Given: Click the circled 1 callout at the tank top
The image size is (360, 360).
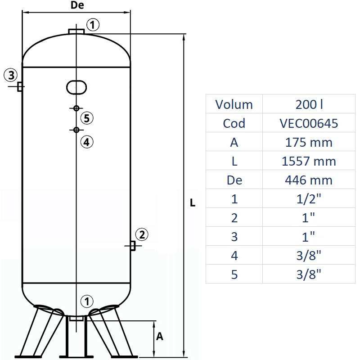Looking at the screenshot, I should [x=92, y=25].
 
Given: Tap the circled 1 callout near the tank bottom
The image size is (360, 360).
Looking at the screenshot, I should [x=87, y=301].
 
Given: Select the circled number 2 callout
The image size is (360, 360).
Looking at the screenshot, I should [x=141, y=234].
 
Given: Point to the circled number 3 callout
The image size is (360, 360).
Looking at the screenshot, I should [x=11, y=75].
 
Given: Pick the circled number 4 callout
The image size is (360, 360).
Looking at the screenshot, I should [x=87, y=142].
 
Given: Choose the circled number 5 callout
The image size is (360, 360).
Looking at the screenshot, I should [x=87, y=118].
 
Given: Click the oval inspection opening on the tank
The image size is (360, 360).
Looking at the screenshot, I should [x=76, y=87].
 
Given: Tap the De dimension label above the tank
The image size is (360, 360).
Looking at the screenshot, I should [x=77, y=5].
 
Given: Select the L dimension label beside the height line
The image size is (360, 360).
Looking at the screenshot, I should [x=192, y=203].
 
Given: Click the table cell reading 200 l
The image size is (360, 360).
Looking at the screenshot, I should [x=309, y=104].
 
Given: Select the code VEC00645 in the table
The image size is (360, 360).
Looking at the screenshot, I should [x=309, y=123].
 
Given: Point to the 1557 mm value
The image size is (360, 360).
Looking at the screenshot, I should [x=309, y=161].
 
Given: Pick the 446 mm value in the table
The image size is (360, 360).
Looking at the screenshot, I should [x=309, y=180].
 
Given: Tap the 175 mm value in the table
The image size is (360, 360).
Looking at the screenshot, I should [x=309, y=142].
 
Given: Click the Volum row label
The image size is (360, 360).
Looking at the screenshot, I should [x=234, y=104].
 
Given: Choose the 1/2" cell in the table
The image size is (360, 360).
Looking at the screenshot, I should [x=309, y=199].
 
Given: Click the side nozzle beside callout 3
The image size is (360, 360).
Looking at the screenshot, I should [x=20, y=86].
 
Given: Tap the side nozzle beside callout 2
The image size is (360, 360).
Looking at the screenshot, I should [x=133, y=246].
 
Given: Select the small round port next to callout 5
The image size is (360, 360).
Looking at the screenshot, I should [x=76, y=108].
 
